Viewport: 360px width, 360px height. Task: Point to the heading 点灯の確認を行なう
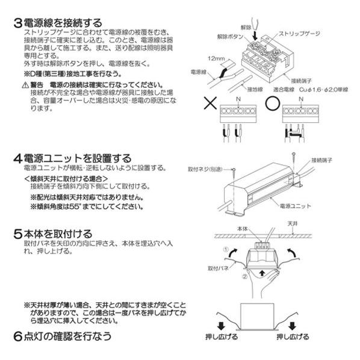(x=67, y=335)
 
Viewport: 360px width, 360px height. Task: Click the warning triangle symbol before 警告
(x=25, y=86)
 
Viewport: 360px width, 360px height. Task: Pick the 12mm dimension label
(x=215, y=60)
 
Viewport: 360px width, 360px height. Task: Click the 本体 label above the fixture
(x=243, y=229)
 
